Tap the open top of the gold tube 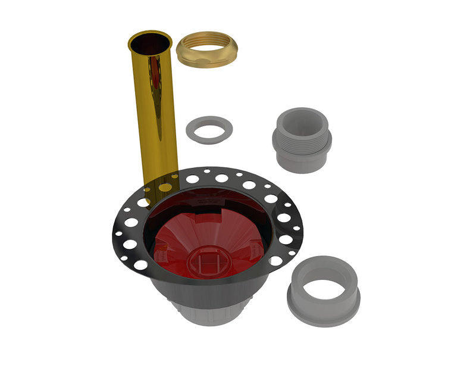tap(149, 44)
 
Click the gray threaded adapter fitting tap(302, 141)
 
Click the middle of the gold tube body tap(154, 113)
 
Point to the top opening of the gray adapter tap(302, 119)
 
